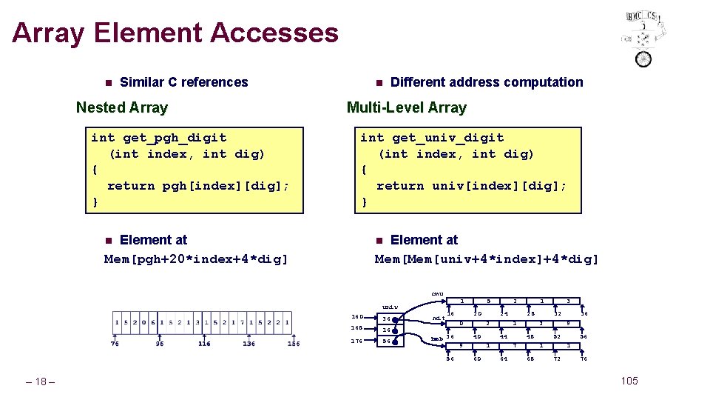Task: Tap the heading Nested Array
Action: coord(122,107)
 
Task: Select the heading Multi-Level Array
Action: coord(406,107)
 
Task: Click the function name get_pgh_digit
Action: coord(175,138)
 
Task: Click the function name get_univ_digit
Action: coord(448,138)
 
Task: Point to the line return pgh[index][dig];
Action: coord(198,186)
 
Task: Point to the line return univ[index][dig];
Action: coord(471,186)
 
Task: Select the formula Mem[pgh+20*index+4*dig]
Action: coord(196,259)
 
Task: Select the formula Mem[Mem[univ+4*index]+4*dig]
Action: coord(487,259)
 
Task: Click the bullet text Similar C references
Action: coord(183,82)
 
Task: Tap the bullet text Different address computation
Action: coord(486,82)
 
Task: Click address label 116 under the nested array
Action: coord(204,344)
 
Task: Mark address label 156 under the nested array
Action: coord(294,344)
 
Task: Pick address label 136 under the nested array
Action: coord(248,344)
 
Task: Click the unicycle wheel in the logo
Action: coord(643,59)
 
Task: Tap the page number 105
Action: coord(629,381)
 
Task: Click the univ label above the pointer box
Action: coord(390,307)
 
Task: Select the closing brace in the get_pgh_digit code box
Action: coord(95,202)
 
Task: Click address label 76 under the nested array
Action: coord(115,344)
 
